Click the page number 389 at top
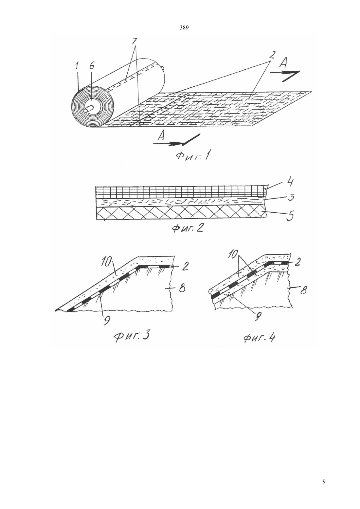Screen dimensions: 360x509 (184, 28)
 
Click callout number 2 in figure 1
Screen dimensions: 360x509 (272, 55)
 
